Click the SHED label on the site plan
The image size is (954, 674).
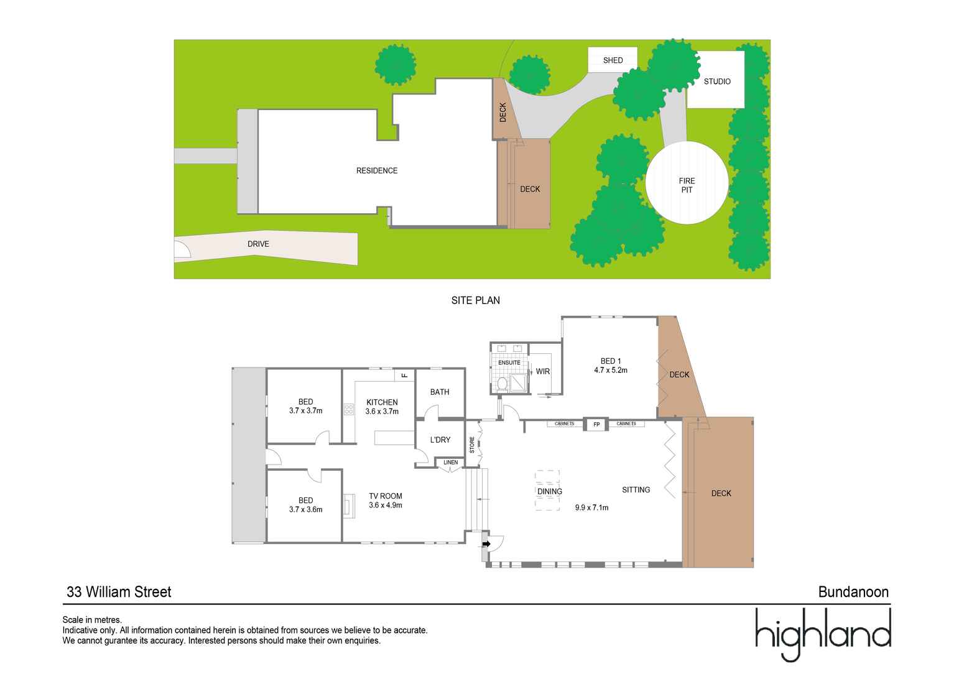613,60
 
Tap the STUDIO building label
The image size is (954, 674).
717,81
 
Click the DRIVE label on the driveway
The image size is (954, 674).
258,244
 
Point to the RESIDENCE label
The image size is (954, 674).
376,170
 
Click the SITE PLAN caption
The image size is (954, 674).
475,300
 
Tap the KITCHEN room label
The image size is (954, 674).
382,402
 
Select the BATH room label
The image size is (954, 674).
440,392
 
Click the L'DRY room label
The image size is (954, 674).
440,440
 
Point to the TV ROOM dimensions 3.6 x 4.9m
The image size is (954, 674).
386,505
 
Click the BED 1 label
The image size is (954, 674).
610,361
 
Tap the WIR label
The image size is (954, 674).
543,371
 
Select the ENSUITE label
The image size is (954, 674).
509,362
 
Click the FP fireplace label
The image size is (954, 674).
596,425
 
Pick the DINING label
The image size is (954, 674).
550,491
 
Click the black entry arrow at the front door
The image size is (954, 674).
486,544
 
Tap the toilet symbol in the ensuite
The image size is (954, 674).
502,384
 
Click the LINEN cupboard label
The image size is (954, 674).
450,462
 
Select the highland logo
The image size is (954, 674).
823,634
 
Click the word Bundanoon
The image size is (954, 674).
853,592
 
